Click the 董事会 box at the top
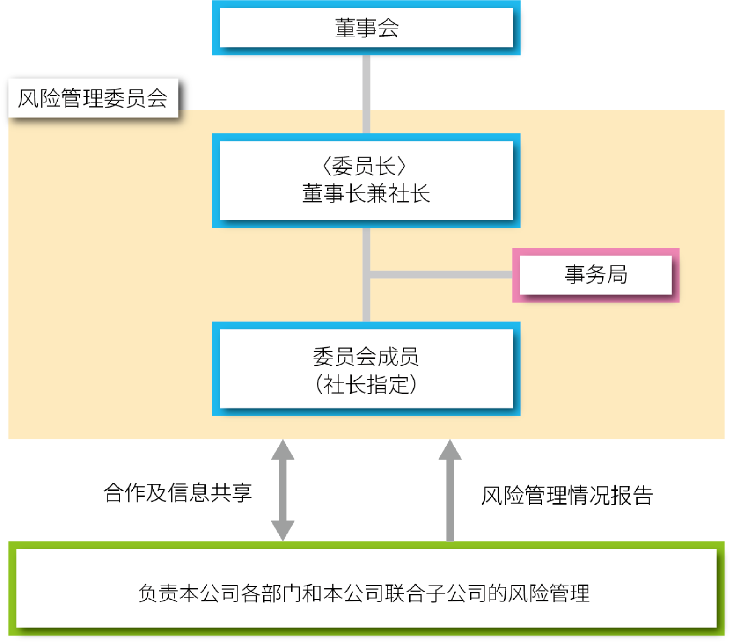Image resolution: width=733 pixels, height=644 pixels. click(x=366, y=28)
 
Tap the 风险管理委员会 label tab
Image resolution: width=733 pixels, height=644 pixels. click(x=93, y=98)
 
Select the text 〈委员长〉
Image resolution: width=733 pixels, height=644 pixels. click(x=365, y=165)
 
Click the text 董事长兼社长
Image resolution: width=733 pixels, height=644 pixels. click(x=366, y=194)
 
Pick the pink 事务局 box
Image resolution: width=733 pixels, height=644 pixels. click(x=596, y=275)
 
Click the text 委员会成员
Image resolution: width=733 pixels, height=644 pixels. click(x=365, y=357)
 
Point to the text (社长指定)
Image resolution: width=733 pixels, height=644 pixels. click(x=366, y=384)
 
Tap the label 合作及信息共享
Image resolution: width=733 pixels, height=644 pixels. click(x=178, y=492)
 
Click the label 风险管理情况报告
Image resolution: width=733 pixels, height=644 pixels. click(x=567, y=495)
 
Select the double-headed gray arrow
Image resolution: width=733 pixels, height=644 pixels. click(x=283, y=490)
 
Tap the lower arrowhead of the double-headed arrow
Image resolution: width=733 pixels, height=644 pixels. click(x=283, y=530)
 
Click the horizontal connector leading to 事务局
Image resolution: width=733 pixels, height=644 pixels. click(x=441, y=275)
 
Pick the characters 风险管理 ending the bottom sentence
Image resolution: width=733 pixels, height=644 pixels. click(x=548, y=593)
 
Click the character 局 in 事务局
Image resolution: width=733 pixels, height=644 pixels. click(x=617, y=275)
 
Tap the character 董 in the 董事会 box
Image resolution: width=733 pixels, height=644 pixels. click(x=345, y=28)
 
